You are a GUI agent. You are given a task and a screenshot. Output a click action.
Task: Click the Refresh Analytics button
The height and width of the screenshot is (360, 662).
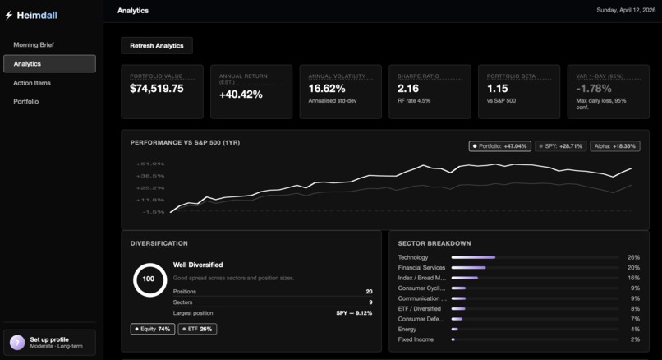click(x=157, y=46)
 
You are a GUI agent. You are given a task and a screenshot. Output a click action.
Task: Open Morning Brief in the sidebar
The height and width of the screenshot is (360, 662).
click(x=34, y=44)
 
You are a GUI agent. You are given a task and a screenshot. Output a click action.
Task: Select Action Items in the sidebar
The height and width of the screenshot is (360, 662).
click(x=32, y=83)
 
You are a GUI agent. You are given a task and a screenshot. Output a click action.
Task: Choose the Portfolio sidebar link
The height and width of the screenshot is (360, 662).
click(x=26, y=102)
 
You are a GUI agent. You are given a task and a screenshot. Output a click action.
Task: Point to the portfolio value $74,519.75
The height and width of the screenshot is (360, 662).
click(x=157, y=89)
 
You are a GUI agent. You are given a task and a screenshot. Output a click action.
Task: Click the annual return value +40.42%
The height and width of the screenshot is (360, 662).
click(x=241, y=95)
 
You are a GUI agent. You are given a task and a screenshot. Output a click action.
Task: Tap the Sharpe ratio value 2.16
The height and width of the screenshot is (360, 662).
click(x=408, y=89)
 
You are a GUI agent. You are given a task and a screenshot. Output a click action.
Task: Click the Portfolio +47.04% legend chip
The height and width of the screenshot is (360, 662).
click(x=499, y=146)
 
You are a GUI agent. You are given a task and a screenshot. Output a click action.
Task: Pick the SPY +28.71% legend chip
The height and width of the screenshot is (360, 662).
click(x=561, y=146)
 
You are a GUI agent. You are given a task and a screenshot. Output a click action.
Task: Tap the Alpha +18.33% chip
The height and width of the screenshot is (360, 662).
click(x=615, y=146)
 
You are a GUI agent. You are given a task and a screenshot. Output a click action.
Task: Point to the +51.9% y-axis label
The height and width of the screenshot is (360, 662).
click(x=150, y=164)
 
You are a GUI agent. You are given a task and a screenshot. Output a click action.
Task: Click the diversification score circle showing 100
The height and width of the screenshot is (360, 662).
click(x=149, y=279)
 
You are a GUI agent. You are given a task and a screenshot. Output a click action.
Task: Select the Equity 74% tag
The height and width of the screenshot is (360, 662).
click(x=153, y=329)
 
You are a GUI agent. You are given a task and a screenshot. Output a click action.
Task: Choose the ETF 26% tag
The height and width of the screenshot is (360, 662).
click(x=197, y=329)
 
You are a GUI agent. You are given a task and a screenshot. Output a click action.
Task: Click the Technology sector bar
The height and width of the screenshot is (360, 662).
click(x=473, y=257)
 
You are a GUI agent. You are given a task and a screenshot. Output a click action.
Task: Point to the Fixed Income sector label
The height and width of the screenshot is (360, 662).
click(x=416, y=339)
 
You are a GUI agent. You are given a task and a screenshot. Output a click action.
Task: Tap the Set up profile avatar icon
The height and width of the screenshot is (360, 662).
click(x=17, y=343)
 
